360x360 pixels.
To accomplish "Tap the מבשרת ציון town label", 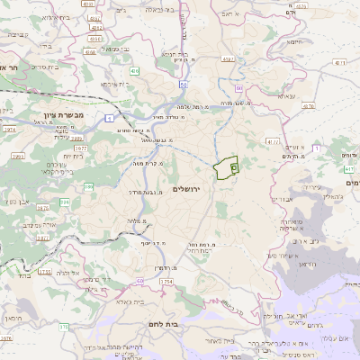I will coord(62,116).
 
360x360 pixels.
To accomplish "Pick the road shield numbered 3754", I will coord(141,282).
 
